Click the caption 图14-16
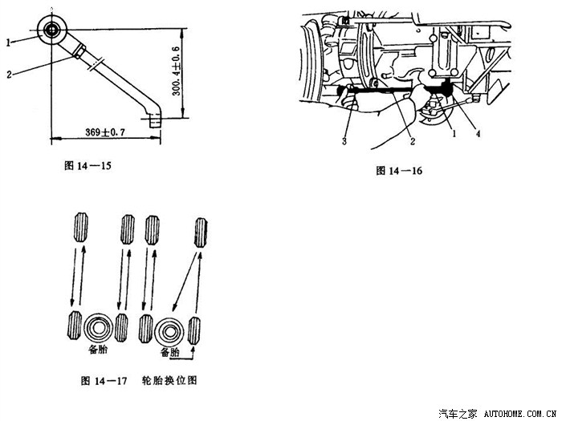(x=399, y=171)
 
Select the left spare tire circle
(x=98, y=328)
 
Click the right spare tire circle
(x=170, y=330)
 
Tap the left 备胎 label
(x=100, y=350)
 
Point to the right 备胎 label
(x=170, y=353)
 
